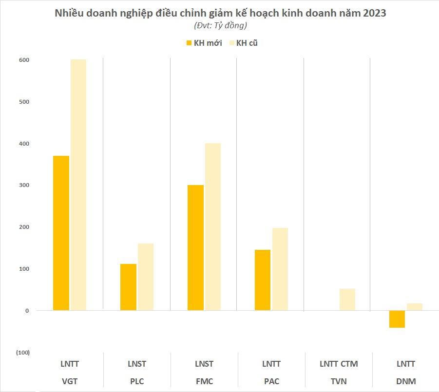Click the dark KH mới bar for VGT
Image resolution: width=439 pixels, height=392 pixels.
(61, 233)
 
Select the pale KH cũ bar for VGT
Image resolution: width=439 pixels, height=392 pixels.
(78, 185)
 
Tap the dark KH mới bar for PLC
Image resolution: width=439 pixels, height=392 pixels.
(128, 287)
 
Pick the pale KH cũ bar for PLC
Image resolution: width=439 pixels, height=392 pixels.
(145, 277)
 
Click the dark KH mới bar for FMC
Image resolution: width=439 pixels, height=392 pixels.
(195, 247)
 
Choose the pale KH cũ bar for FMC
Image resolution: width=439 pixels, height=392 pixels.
(212, 226)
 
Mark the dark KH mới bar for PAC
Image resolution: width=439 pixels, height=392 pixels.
(263, 280)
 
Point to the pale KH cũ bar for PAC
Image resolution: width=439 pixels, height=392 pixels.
(280, 269)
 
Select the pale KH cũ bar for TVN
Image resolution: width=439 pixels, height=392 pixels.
(347, 299)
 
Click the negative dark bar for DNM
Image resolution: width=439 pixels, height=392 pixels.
(397, 319)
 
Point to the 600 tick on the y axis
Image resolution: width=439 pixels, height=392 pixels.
(24, 60)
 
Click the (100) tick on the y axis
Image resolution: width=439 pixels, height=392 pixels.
(22, 352)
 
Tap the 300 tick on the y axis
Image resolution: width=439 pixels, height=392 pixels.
(24, 185)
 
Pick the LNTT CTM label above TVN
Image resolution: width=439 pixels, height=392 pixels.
(338, 364)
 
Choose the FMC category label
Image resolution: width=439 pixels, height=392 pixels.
(204, 381)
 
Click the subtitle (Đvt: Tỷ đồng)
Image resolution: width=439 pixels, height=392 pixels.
(220, 25)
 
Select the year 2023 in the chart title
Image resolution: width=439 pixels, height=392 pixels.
(373, 13)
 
